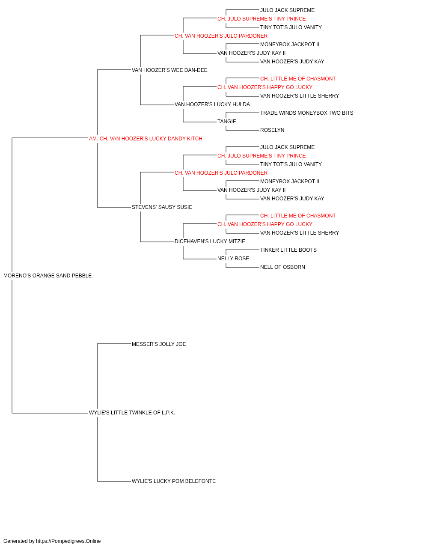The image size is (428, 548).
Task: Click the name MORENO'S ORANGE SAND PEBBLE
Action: tap(48, 276)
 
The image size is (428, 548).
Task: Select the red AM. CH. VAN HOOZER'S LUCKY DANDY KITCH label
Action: tap(146, 139)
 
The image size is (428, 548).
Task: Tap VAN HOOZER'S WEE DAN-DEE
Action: tap(169, 70)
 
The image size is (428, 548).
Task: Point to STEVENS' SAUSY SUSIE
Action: tap(162, 207)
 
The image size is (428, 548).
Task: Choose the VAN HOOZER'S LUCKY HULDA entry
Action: tap(212, 104)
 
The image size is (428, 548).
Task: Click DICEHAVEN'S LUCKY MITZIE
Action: tap(210, 241)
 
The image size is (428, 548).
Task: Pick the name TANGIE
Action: tap(227, 122)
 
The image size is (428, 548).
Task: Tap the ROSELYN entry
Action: tap(272, 130)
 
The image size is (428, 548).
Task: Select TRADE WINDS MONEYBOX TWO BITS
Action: tap(307, 113)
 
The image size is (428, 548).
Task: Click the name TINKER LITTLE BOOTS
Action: tap(288, 250)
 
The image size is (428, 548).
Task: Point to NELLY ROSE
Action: tap(233, 259)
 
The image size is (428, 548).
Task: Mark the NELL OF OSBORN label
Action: tap(282, 267)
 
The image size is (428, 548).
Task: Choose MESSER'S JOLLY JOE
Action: tap(159, 344)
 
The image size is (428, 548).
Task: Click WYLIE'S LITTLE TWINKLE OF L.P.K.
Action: tap(132, 413)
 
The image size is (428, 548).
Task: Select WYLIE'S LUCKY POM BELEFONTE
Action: tap(174, 481)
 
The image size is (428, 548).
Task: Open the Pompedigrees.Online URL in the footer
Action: tap(68, 541)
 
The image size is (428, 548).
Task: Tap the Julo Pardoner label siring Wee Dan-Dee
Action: tap(221, 36)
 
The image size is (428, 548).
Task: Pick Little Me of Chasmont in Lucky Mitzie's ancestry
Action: tap(298, 216)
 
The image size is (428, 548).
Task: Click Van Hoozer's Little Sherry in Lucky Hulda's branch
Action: tap(300, 96)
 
